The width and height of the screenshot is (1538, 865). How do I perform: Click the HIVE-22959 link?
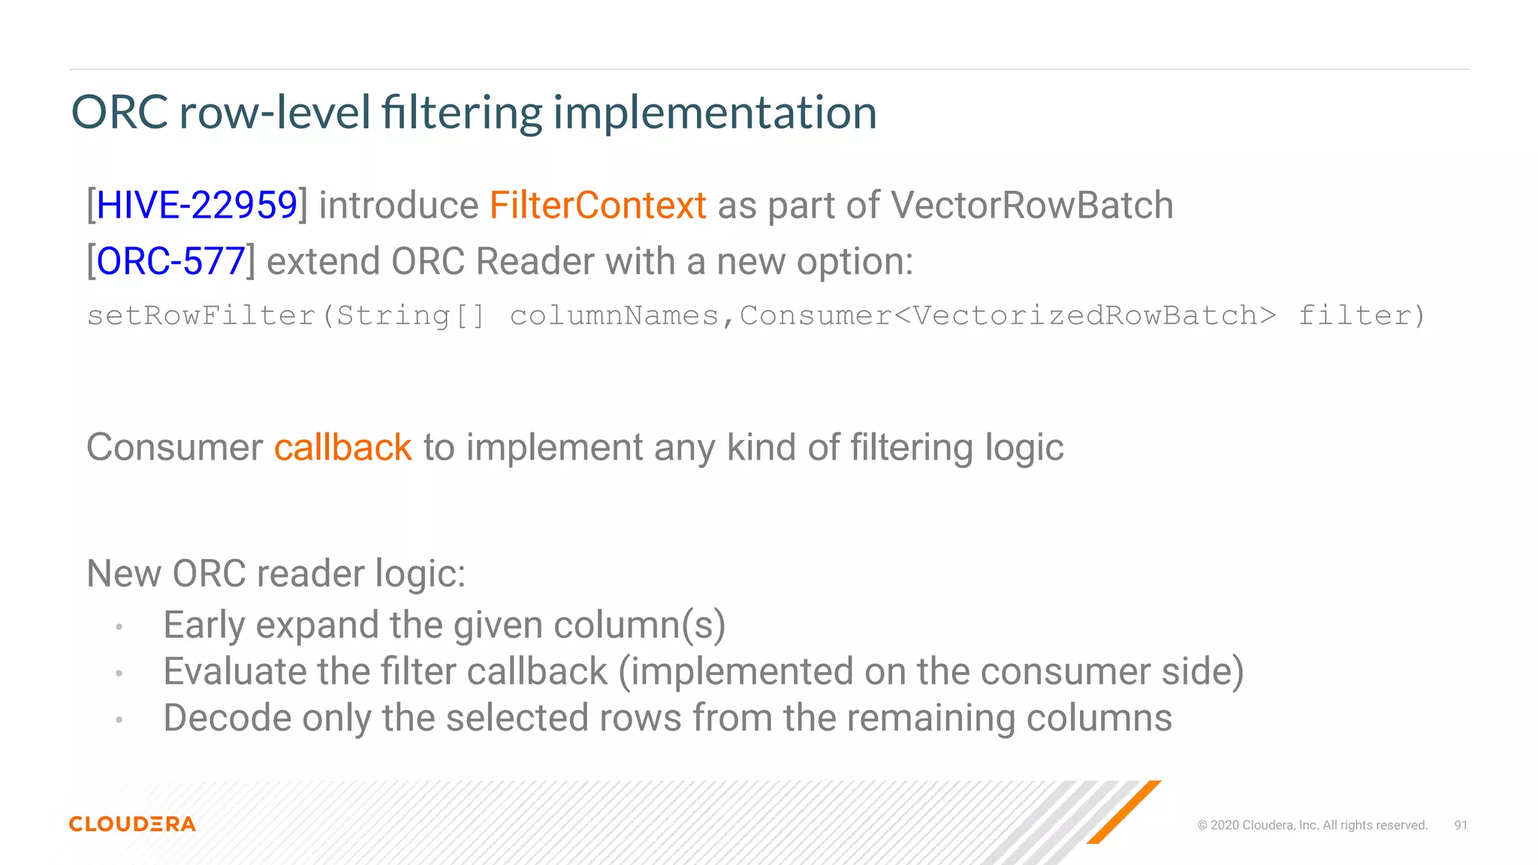[x=197, y=205]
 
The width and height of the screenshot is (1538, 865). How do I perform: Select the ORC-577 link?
[x=170, y=261]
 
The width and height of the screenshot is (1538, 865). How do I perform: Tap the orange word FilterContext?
[x=598, y=205]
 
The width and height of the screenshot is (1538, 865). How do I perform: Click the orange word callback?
[x=342, y=448]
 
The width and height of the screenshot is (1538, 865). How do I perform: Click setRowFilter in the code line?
[x=201, y=315]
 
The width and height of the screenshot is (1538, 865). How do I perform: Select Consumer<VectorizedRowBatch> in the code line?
[x=1007, y=315]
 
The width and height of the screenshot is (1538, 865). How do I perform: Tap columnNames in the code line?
[x=614, y=315]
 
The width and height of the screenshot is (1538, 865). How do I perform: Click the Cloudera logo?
[x=132, y=824]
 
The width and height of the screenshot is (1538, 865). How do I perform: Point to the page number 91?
[x=1461, y=825]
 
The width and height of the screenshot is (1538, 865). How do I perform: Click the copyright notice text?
[x=1312, y=825]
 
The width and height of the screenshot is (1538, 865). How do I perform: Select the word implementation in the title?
[x=715, y=113]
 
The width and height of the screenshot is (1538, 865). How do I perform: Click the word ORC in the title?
[x=119, y=113]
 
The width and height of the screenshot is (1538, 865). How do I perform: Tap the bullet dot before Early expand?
[x=119, y=627]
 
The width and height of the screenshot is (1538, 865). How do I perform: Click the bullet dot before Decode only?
[x=119, y=720]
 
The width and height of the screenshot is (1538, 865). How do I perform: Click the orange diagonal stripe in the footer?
[x=1124, y=812]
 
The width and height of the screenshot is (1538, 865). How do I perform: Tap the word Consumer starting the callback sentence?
[x=174, y=448]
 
